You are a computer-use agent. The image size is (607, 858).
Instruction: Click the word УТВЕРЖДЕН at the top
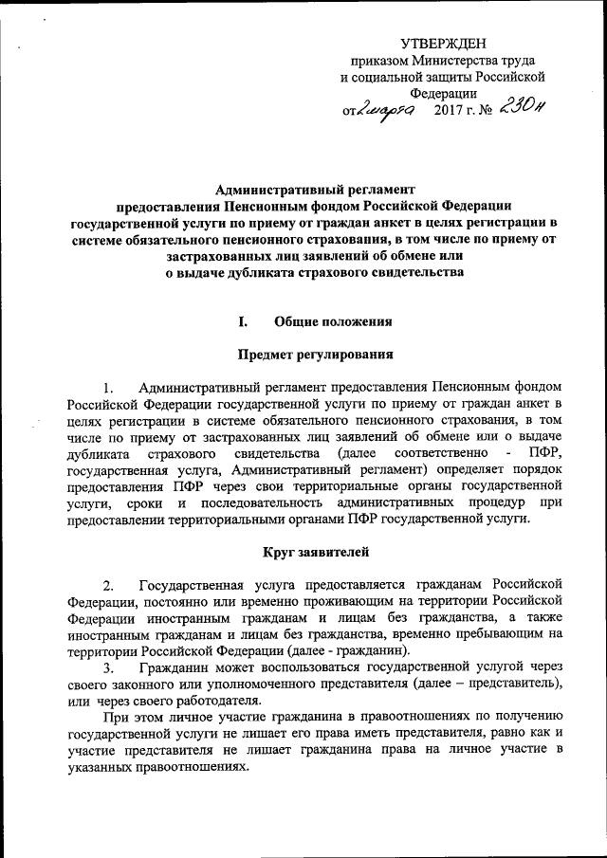point(442,43)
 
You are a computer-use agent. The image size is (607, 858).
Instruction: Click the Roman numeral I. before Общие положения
point(243,321)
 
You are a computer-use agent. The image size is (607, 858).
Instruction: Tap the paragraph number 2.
point(109,583)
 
